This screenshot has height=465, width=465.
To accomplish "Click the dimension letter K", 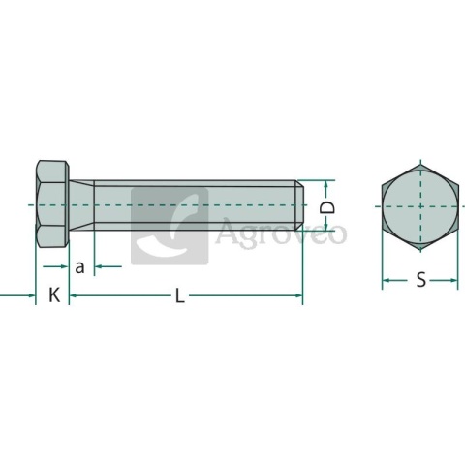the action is coord(54,294).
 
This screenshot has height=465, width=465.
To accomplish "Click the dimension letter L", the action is coord(180,295).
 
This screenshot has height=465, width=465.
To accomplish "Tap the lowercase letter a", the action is coord(79,267).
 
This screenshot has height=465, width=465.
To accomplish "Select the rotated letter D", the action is coord(326,207).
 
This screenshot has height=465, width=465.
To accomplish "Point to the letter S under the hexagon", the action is coord(420,280).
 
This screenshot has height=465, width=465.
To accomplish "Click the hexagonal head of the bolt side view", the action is coord(52,203).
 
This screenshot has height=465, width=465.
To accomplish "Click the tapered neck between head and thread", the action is coord(81,205).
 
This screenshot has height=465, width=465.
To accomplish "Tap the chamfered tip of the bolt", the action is coord(299,205).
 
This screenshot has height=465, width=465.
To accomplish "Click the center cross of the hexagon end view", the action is coord(420,206).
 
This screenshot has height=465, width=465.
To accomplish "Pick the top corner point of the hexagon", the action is coord(420,164).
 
